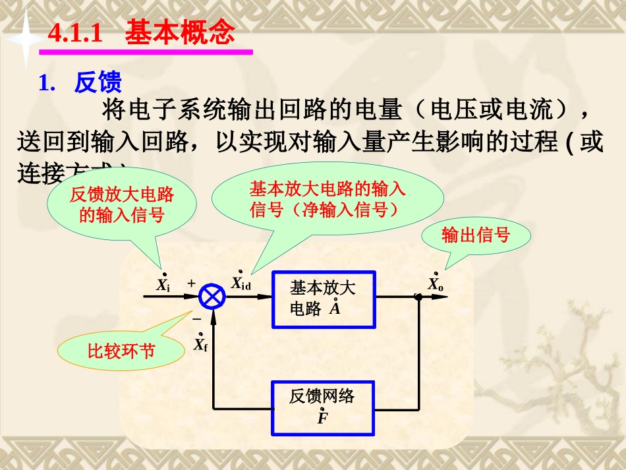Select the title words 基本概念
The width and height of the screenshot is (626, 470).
tap(180, 32)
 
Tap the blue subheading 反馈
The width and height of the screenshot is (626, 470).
tap(98, 83)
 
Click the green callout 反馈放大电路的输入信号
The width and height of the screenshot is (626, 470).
tap(122, 204)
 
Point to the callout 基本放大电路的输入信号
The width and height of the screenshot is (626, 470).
tap(327, 200)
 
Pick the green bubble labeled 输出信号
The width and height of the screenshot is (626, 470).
tap(476, 235)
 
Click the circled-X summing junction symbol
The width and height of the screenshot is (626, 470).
tap(213, 296)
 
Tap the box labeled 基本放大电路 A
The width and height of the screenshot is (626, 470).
tap(324, 299)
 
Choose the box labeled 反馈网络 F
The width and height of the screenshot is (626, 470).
tap(324, 407)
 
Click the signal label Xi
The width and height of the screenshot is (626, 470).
tap(163, 285)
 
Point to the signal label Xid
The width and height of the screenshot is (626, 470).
tap(241, 283)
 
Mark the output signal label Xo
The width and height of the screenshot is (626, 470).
tap(436, 285)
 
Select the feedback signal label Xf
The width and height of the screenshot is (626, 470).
tap(200, 344)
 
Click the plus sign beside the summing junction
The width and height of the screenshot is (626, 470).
tap(192, 283)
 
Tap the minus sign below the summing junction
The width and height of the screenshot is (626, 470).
tap(196, 319)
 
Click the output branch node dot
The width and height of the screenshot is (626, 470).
tap(418, 297)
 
